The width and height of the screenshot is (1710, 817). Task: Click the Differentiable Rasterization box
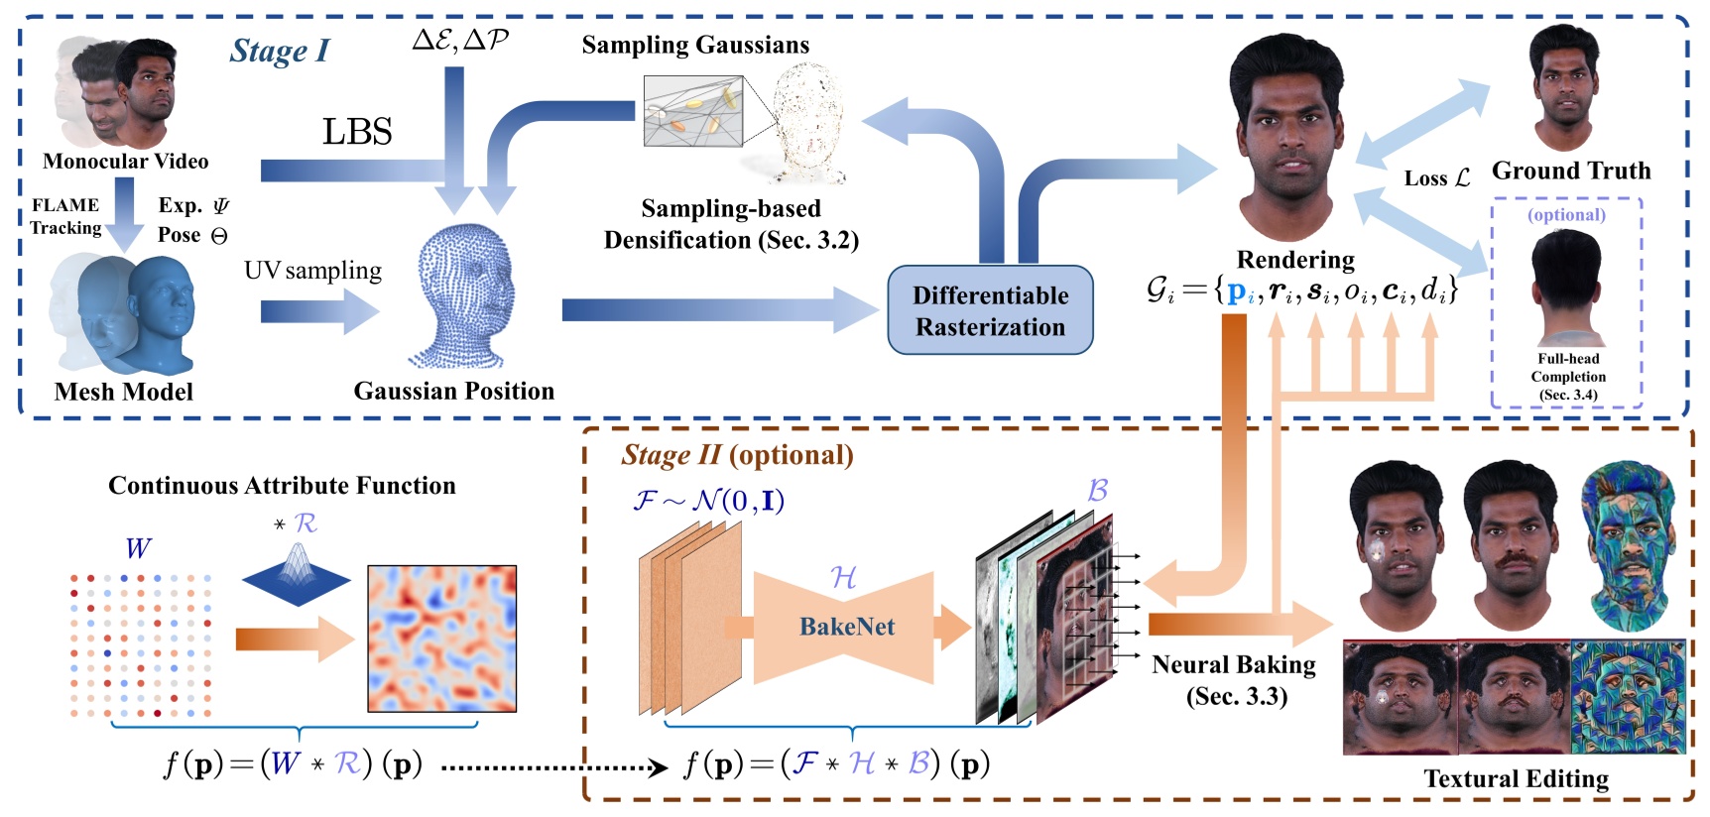[x=990, y=310]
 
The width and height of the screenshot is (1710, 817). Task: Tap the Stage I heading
[x=279, y=51]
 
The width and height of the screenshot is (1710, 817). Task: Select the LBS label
[x=357, y=132]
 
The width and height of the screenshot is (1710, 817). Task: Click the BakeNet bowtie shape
[x=845, y=627]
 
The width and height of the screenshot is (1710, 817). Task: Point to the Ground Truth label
[x=1570, y=171]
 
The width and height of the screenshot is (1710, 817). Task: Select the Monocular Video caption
[x=126, y=162]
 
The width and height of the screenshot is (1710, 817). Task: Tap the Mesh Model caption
[x=123, y=392]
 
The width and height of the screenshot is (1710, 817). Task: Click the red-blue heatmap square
[x=442, y=639]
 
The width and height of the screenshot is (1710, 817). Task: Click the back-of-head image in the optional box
[x=1566, y=288]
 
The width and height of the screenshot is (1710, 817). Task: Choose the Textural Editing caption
[x=1516, y=778]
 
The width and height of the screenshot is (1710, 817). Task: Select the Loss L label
[x=1436, y=178]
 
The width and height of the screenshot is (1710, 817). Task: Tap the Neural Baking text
[x=1234, y=664]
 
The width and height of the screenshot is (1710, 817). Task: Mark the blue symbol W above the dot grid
[x=138, y=548]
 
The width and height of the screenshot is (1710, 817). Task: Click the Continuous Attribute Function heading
[x=282, y=485]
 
